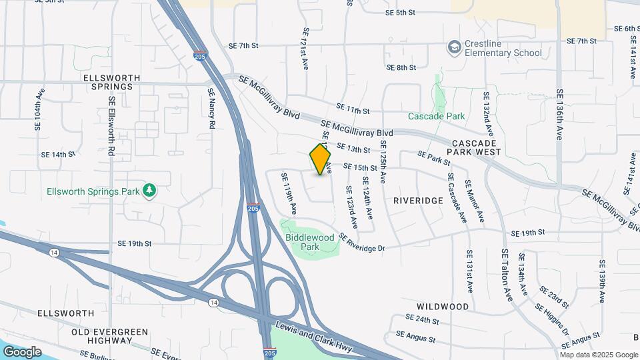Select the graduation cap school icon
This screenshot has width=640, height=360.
(455, 48)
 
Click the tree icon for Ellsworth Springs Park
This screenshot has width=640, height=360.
(150, 191)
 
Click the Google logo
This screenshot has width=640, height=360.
(22, 351)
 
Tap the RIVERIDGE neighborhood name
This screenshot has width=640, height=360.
(418, 200)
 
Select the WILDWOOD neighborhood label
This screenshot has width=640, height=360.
(443, 306)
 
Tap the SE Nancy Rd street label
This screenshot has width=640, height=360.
(211, 109)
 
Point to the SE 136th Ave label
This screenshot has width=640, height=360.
(560, 115)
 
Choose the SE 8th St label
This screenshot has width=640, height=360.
(401, 67)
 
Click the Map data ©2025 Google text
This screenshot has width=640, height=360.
(599, 353)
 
